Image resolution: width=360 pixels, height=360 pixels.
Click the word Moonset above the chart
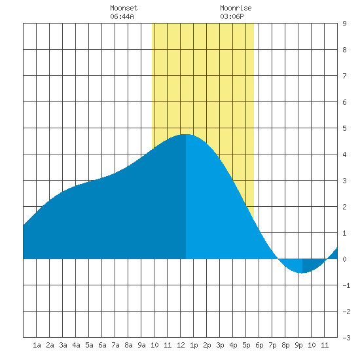coord(124,8)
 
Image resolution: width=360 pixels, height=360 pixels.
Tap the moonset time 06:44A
coord(122,16)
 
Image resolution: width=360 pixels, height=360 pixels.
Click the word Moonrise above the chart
coord(236,8)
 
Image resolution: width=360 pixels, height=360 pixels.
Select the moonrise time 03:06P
coord(232,16)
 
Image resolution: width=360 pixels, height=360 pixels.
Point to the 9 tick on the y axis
coord(344,24)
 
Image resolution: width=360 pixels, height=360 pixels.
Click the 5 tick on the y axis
coord(344,128)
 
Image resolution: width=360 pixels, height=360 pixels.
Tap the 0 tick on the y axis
coord(344,259)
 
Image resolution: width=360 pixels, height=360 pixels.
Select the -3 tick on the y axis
coord(346,338)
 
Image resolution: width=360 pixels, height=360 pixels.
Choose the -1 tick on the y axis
coord(346,285)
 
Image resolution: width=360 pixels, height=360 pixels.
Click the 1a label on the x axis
coord(37,345)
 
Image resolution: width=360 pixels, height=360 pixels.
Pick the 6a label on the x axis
coord(102,345)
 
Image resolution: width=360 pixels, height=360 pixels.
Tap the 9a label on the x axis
coord(141,345)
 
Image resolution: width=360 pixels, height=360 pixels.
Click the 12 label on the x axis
coord(181,345)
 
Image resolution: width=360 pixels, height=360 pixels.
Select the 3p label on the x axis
coord(220,345)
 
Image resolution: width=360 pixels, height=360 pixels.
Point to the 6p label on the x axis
coord(259,345)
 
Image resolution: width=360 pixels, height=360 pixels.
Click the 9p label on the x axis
coord(298,345)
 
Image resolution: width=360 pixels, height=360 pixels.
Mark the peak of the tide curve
coord(186,134)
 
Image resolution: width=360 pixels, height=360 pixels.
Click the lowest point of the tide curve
coord(302,273)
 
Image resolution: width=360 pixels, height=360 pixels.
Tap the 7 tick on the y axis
coord(344,76)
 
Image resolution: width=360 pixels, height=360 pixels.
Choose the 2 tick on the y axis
coord(344,207)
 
